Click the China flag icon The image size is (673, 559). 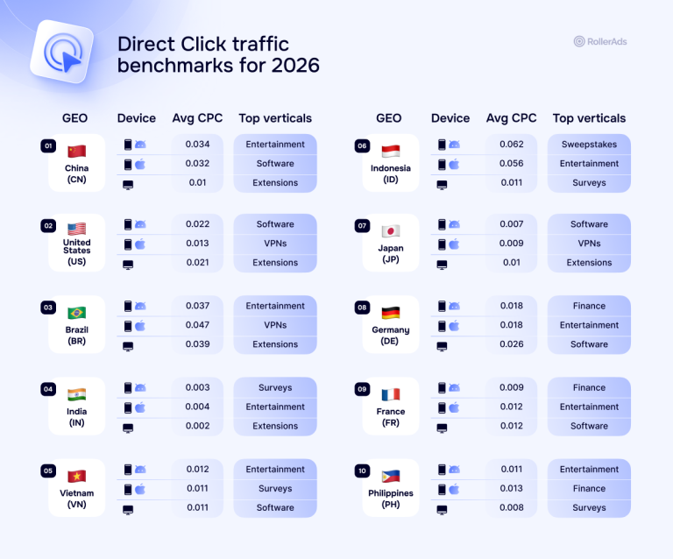(x=77, y=151)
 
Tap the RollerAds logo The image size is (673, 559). (x=600, y=41)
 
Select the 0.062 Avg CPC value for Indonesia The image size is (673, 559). (x=511, y=145)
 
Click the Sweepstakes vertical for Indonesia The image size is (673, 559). (x=589, y=145)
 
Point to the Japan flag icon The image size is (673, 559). (x=391, y=231)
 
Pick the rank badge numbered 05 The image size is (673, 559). (x=48, y=471)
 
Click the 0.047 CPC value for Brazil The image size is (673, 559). (x=197, y=325)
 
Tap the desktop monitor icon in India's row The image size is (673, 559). (x=128, y=428)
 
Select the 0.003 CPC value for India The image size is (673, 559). (x=197, y=387)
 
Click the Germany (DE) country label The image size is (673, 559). (x=391, y=335)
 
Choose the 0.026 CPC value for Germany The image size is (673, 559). (x=511, y=344)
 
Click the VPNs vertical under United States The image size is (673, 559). (x=275, y=244)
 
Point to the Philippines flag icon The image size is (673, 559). (x=391, y=476)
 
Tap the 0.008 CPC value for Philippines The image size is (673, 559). (x=511, y=507)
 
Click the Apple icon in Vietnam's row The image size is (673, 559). (x=140, y=489)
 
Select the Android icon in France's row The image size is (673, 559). (x=454, y=388)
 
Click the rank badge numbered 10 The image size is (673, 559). (x=362, y=471)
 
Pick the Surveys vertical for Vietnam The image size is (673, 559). (x=275, y=488)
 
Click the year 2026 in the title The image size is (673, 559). (x=295, y=65)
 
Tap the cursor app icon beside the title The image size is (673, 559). (x=63, y=52)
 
